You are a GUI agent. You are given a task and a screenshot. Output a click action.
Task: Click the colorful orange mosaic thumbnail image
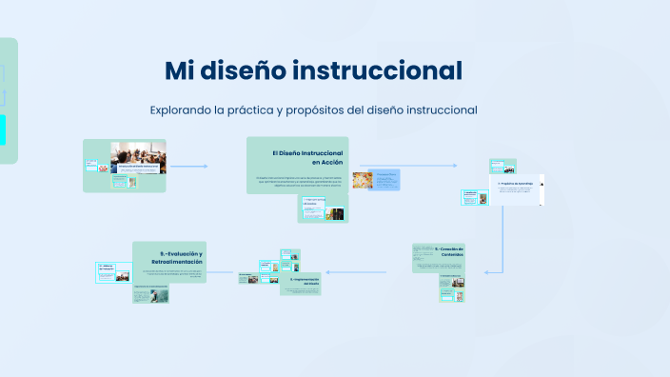coord(362,181)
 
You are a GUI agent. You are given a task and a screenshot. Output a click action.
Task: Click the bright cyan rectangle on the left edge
coord(3,129)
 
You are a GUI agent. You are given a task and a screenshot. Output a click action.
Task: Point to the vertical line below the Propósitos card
coord(503,238)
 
